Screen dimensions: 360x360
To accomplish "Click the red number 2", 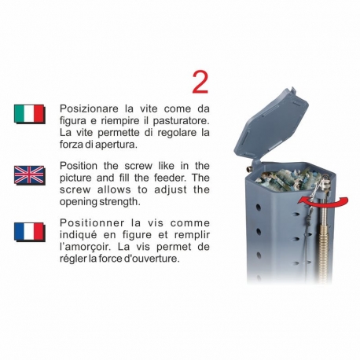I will [200, 82].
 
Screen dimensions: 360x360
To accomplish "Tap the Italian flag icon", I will [28, 114].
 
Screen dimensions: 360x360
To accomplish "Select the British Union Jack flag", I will [28, 174].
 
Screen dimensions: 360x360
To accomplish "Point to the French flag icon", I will [28, 231].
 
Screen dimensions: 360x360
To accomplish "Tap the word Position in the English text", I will [80, 166].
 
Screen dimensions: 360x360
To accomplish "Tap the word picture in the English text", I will [77, 178].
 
